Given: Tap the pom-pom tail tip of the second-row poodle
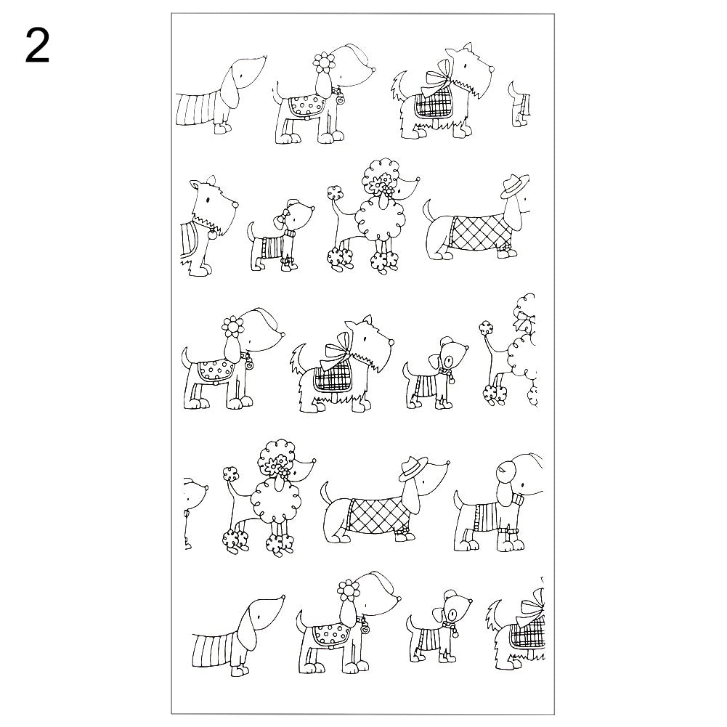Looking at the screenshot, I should [335, 193].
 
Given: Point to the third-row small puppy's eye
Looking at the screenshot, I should [452, 357].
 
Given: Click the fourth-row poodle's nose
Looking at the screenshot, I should [314, 460].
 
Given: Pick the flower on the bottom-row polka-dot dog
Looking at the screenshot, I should [350, 589].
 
